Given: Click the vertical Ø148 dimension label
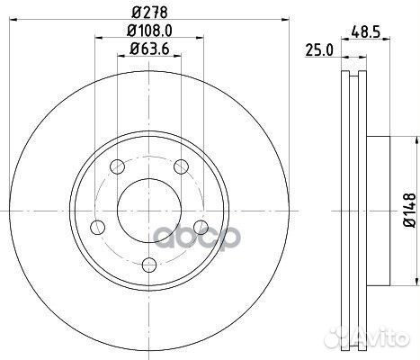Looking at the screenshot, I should coord(410,208).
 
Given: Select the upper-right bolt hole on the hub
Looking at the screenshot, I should coord(181,165).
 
